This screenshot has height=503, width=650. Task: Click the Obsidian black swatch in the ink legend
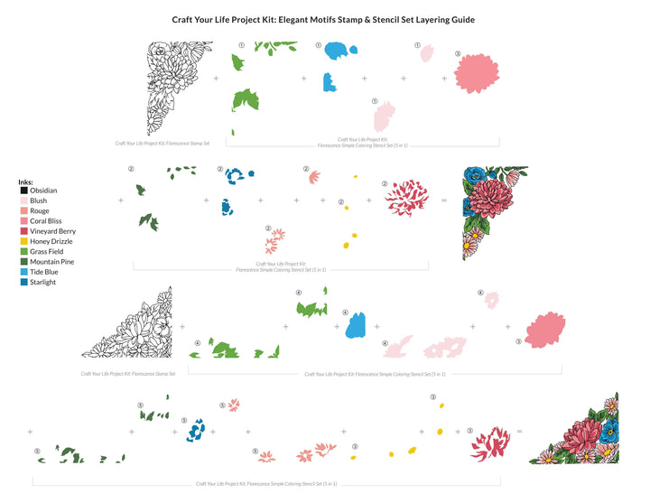[23, 191]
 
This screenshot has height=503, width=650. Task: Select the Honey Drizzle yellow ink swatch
[23, 242]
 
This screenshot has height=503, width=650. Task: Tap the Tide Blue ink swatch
[23, 272]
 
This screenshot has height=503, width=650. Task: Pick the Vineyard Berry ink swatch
[23, 231]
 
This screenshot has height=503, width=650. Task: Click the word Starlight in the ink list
[43, 282]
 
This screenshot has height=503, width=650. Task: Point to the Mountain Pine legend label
[52, 262]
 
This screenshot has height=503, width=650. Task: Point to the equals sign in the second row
[444, 200]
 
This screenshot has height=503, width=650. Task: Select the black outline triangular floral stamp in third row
[130, 325]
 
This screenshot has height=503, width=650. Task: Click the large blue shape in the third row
[356, 325]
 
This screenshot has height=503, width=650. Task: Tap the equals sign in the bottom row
[519, 432]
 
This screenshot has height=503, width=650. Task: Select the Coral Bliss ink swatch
[23, 221]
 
